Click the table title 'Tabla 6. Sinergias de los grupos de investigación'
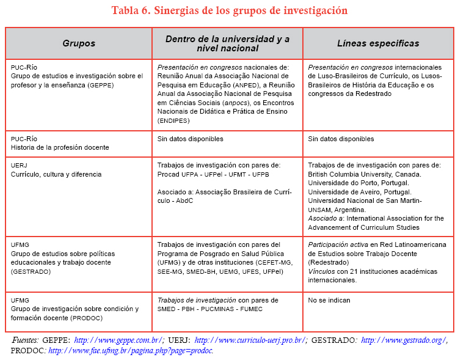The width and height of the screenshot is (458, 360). (229, 11)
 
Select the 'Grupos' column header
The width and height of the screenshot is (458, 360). (79, 43)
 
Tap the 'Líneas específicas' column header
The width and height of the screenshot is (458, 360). (378, 43)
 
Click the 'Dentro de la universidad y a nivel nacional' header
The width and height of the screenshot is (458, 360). (228, 43)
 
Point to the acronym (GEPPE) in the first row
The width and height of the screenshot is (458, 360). (100, 85)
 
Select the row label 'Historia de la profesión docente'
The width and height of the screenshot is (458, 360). (60, 147)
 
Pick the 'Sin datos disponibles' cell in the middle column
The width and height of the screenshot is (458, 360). (190, 139)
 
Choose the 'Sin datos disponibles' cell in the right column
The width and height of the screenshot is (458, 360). (341, 139)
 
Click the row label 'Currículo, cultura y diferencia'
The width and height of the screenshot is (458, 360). (56, 174)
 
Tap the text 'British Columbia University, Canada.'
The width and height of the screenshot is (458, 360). (363, 174)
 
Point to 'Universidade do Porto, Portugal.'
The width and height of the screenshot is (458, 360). (358, 183)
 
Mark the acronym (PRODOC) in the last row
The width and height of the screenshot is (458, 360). (91, 318)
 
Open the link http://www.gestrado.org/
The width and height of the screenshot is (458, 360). (404, 340)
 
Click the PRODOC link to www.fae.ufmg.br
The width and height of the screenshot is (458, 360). (130, 350)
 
